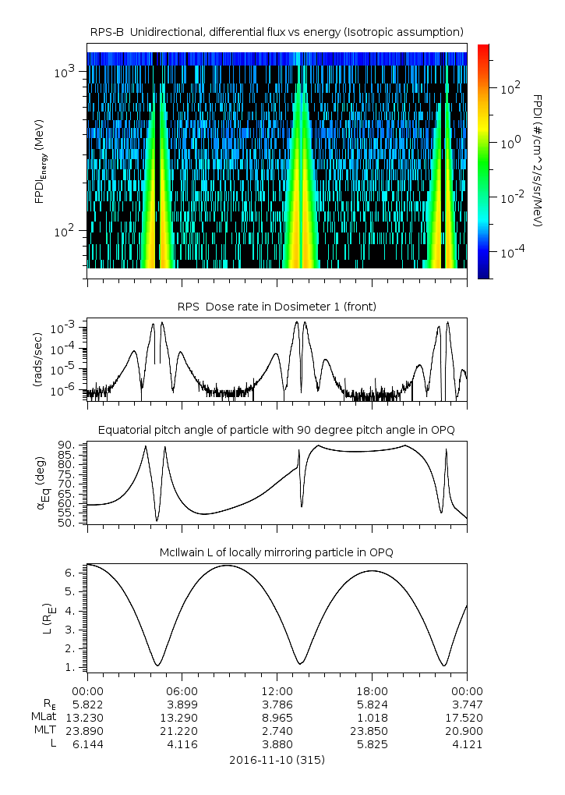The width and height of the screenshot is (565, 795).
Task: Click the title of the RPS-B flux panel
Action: tap(277, 31)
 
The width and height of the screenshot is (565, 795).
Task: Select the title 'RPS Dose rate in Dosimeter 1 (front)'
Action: tap(277, 307)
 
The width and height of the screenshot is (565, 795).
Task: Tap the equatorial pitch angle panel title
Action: tap(277, 430)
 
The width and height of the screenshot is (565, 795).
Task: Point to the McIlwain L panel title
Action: tap(277, 552)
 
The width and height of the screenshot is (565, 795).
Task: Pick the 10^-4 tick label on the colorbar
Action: tap(511, 253)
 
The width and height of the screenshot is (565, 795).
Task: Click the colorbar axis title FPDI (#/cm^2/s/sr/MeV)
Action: tap(538, 161)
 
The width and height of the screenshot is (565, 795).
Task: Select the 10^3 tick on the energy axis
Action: tap(64, 72)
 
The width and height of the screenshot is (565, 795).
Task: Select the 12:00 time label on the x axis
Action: tap(277, 690)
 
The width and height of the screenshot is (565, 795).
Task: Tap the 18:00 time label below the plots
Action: tap(372, 690)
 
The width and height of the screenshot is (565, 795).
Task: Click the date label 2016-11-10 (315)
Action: tap(277, 759)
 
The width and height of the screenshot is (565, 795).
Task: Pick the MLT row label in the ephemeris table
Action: tap(42, 731)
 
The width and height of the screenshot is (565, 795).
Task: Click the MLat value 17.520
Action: tap(467, 717)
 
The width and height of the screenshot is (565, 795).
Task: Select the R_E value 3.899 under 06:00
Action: tap(182, 704)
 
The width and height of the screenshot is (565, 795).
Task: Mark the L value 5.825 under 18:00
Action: tap(372, 744)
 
